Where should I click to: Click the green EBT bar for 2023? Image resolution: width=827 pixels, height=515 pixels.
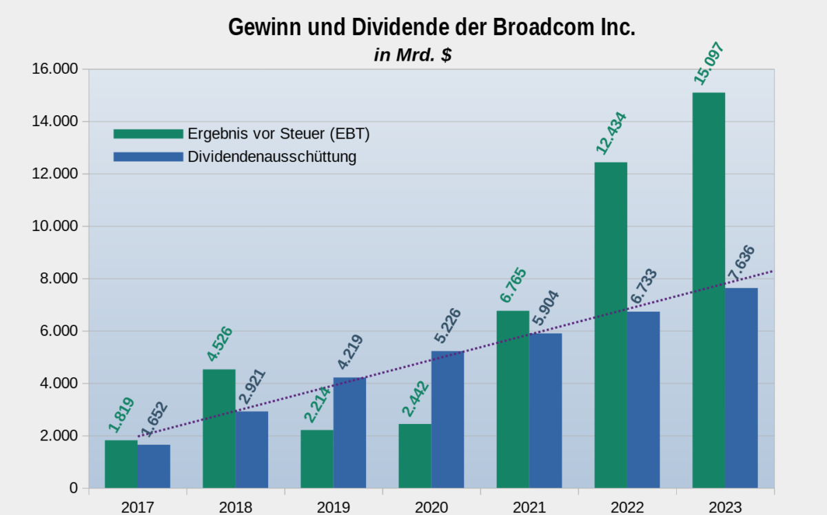click(708, 290)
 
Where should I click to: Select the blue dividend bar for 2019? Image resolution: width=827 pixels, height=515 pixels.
click(349, 433)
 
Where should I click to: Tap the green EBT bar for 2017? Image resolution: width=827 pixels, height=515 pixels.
click(121, 464)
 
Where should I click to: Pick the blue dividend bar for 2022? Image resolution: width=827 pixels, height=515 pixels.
click(643, 400)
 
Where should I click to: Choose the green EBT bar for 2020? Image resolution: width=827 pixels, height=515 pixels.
click(415, 456)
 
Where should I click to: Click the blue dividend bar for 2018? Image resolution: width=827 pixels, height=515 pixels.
click(252, 450)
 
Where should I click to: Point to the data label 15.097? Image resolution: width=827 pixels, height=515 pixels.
click(711, 63)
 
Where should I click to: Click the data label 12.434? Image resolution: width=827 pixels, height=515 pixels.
click(611, 131)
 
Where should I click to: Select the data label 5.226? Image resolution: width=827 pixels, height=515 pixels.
click(447, 326)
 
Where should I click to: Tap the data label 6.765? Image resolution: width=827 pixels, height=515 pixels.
click(513, 285)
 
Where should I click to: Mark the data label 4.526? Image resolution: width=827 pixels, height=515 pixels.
click(219, 343)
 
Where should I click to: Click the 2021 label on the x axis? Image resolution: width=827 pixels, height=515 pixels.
click(529, 507)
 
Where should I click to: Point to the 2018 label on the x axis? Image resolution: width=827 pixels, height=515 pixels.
click(236, 507)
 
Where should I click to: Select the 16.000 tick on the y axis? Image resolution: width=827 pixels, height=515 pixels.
click(54, 69)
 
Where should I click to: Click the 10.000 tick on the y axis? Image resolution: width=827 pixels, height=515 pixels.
click(54, 226)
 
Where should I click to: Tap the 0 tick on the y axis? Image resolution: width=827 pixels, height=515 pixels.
click(74, 488)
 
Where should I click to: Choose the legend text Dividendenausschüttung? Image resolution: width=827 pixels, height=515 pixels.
click(272, 157)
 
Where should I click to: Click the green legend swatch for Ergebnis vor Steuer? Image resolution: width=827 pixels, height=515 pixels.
click(147, 134)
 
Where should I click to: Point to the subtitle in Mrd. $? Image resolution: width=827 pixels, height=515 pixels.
click(413, 54)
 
